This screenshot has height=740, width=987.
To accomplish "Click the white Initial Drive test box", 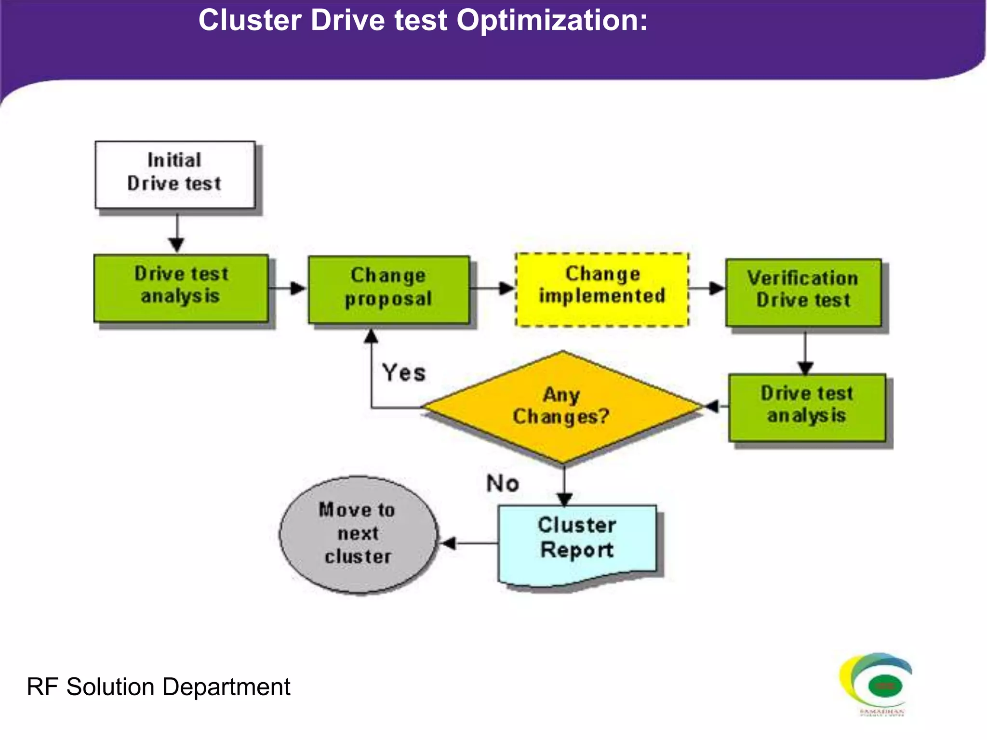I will click(175, 174).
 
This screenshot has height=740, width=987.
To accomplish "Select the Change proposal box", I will click(388, 289).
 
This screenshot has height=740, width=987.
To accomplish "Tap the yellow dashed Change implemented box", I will click(602, 289).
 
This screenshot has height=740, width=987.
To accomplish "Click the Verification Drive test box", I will click(803, 292).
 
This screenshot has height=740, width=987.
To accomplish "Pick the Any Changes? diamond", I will click(562, 407).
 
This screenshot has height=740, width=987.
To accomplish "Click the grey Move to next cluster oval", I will click(358, 534).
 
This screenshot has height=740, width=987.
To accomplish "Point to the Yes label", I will click(404, 373).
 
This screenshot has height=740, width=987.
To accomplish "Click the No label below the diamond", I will click(503, 483).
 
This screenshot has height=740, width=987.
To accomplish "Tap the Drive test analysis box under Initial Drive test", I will click(181, 288).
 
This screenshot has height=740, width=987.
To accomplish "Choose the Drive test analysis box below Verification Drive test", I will click(807, 407).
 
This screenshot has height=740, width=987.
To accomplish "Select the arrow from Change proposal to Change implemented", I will click(492, 289).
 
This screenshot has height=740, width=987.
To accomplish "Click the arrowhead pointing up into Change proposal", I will click(371, 336).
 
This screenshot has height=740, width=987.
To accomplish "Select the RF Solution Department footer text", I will click(158, 687).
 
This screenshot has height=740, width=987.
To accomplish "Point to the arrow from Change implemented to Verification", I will click(707, 289).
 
